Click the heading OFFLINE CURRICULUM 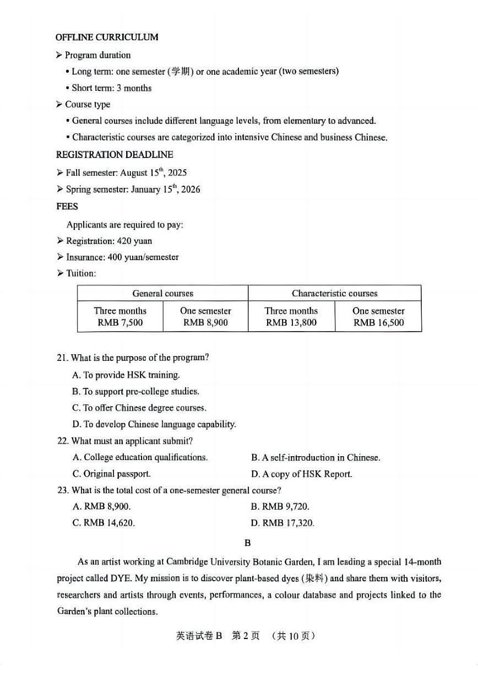click(x=107, y=37)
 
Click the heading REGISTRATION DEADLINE click(x=114, y=155)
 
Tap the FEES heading click(x=67, y=207)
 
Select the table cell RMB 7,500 click(x=120, y=323)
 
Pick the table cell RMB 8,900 click(x=205, y=323)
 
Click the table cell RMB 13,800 click(x=291, y=323)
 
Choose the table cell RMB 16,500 click(x=378, y=323)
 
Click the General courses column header click(x=162, y=294)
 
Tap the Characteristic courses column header click(x=334, y=294)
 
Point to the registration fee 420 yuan click(x=135, y=241)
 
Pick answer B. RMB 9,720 click(x=280, y=507)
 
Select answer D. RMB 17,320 click(x=283, y=523)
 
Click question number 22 click(x=62, y=441)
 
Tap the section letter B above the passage click(x=248, y=543)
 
